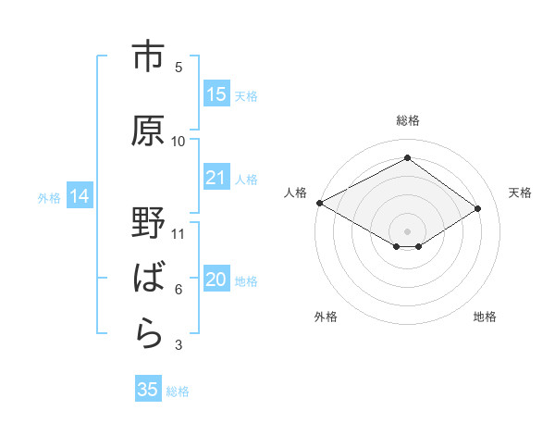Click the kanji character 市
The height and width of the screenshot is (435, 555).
(148, 57)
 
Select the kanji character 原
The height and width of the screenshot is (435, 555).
(148, 130)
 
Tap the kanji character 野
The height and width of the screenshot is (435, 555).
(148, 224)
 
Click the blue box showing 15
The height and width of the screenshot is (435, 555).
(216, 94)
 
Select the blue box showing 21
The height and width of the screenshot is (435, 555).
(216, 178)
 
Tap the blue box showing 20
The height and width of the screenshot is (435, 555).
(216, 280)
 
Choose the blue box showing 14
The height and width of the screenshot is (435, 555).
(79, 196)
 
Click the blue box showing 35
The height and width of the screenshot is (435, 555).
(148, 390)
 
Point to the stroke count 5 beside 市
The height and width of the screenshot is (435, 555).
(179, 67)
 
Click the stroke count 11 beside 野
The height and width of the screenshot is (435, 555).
(179, 233)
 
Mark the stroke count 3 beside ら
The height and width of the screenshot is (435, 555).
(179, 345)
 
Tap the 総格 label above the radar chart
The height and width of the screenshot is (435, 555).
(407, 120)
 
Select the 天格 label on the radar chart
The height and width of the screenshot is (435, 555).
(520, 193)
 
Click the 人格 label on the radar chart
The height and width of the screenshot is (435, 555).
(296, 193)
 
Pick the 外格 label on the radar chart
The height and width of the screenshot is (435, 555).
(326, 317)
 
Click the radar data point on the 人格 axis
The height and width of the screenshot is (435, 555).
(319, 203)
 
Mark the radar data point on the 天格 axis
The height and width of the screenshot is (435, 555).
(478, 208)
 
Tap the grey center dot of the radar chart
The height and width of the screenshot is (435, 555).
(407, 230)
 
